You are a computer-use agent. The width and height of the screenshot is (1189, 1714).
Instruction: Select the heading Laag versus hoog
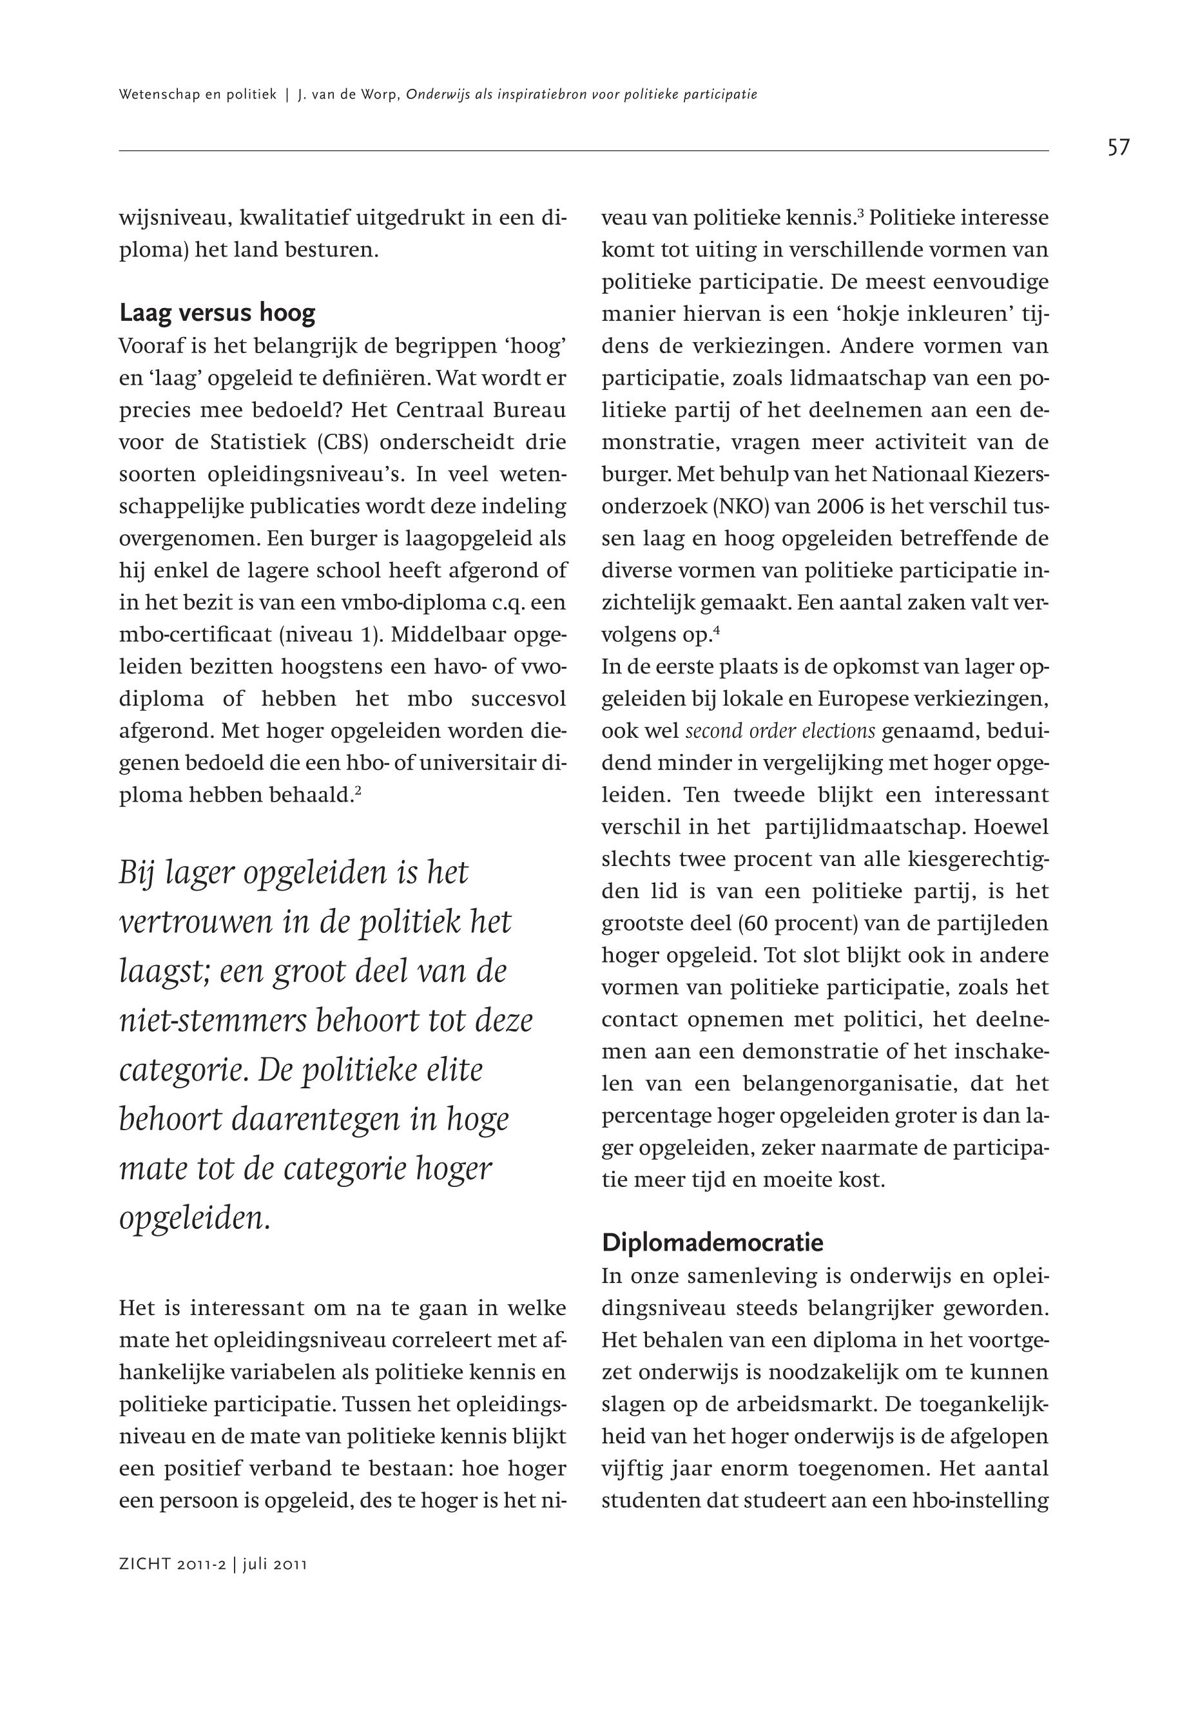217,313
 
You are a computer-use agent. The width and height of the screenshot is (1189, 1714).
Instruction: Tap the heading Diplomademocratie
712,1242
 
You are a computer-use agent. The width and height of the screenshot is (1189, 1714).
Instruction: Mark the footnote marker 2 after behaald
358,791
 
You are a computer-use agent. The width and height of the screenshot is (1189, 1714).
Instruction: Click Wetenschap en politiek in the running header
197,95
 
